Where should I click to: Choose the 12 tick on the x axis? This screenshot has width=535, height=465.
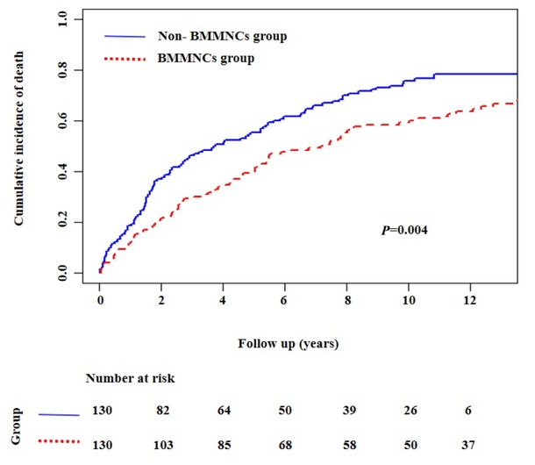(x=470, y=300)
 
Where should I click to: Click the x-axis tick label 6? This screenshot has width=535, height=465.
(x=285, y=300)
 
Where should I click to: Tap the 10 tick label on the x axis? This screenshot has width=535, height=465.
(x=408, y=300)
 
